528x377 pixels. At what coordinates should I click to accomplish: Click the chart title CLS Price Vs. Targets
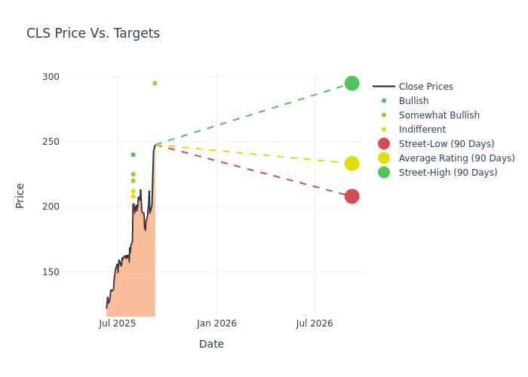[93, 33]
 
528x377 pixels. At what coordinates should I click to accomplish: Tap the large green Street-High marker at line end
[352, 83]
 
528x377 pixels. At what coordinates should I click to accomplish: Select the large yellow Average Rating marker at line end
[352, 164]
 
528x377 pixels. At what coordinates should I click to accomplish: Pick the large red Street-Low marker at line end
[352, 196]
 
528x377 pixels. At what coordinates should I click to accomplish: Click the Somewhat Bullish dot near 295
[155, 83]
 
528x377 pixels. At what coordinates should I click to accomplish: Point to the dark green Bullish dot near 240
[133, 155]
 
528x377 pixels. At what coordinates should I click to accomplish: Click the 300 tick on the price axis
[51, 77]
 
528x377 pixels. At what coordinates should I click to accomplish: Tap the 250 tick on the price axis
[51, 142]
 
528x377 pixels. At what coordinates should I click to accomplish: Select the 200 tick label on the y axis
[51, 207]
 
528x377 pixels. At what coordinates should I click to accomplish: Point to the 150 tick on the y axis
[51, 271]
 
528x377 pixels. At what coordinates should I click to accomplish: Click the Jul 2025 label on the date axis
[118, 323]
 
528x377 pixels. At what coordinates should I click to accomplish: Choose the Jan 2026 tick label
[216, 323]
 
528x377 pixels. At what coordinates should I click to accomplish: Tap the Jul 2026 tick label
[315, 323]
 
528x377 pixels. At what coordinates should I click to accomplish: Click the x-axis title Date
[211, 344]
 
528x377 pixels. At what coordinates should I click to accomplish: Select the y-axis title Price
[20, 195]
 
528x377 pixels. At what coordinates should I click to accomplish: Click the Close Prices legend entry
[413, 87]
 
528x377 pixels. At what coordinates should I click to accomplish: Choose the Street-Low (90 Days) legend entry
[436, 144]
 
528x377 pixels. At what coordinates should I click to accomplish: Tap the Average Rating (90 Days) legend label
[457, 158]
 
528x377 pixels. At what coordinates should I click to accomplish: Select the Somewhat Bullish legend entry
[431, 115]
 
